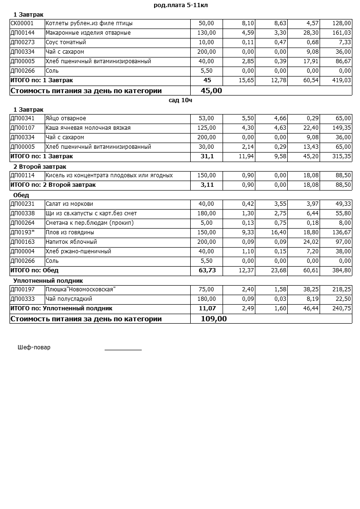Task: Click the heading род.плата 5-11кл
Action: point(181,5)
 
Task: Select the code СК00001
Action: point(22,23)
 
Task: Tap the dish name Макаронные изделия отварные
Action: point(88,33)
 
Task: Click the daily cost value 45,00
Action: point(211,90)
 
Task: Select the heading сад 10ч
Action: point(180,100)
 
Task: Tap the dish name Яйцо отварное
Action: point(66,118)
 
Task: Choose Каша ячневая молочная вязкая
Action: point(88,128)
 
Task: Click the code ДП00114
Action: point(22,175)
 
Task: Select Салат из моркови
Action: point(69,204)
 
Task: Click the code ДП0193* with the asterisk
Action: point(22,232)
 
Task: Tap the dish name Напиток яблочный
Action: point(71,242)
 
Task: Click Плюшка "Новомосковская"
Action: point(80,289)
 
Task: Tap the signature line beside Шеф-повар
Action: point(123,349)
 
